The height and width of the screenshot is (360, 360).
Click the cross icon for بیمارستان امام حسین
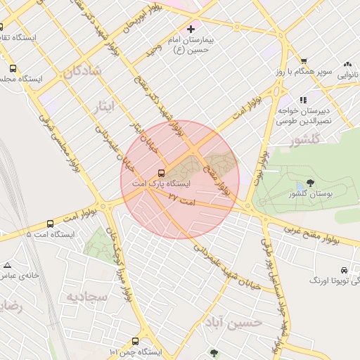[x=191, y=29]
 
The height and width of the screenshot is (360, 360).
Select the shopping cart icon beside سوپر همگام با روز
[x=303, y=61]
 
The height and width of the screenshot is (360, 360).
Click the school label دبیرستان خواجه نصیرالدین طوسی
[x=304, y=116]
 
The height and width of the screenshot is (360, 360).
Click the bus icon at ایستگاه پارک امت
[x=162, y=173]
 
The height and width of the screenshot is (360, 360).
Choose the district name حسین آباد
[x=233, y=322]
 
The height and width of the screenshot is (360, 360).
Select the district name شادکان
[x=82, y=71]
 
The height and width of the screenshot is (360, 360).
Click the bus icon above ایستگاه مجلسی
[x=12, y=69]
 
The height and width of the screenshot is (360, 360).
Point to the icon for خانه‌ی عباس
[x=8, y=265]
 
